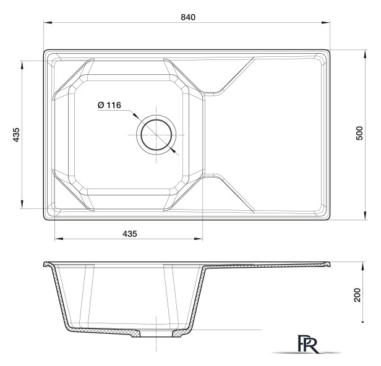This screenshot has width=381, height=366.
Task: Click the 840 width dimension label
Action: pyautogui.click(x=188, y=17)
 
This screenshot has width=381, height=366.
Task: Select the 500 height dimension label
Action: pyautogui.click(x=359, y=133)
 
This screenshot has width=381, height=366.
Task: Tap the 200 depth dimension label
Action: pyautogui.click(x=357, y=295)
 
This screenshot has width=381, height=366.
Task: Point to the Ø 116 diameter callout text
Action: pyautogui.click(x=109, y=105)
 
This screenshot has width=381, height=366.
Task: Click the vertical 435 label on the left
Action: pyautogui.click(x=16, y=135)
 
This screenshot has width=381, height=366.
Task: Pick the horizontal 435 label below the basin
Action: pyautogui.click(x=130, y=234)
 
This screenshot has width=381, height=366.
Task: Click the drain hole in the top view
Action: pyautogui.click(x=156, y=135)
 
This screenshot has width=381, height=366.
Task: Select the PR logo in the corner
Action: pyautogui.click(x=307, y=344)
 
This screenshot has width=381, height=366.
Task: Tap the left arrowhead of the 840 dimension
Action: pyautogui.click(x=48, y=23)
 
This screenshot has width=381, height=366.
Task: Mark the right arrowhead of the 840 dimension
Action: pyautogui.click(x=325, y=23)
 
